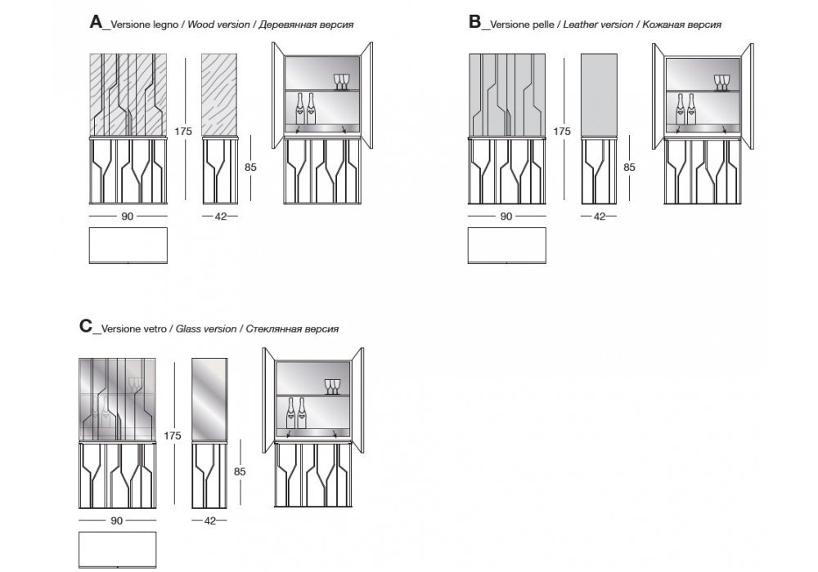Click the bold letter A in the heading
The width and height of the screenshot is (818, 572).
(x=96, y=22)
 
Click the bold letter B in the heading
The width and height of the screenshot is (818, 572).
(x=474, y=22)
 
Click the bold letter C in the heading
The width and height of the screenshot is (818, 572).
(x=86, y=326)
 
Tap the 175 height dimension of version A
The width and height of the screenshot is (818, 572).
(x=182, y=131)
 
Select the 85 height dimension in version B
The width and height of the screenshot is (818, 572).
(x=629, y=167)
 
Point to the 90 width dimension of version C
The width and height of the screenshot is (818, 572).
(x=117, y=521)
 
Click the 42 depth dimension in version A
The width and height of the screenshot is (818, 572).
(x=220, y=216)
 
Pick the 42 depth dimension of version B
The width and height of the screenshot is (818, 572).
(x=599, y=216)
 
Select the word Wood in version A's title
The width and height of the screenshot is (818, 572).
(x=200, y=25)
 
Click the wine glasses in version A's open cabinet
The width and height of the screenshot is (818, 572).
(x=340, y=81)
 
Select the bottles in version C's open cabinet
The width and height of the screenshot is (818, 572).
(x=296, y=413)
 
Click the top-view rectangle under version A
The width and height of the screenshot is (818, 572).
(x=128, y=245)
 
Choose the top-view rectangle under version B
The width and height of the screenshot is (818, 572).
(x=506, y=245)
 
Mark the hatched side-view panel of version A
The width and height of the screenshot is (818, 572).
(x=219, y=95)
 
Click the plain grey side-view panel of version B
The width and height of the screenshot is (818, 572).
(x=599, y=95)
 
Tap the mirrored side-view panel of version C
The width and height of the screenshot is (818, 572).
(x=209, y=400)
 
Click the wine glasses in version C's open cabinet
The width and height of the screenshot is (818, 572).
(x=331, y=386)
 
